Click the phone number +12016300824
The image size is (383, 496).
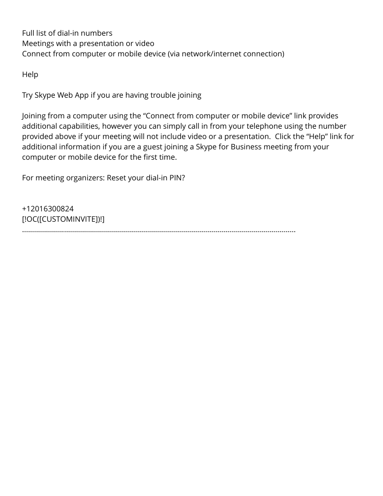(48, 209)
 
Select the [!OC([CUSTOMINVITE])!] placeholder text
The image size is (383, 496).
(63, 219)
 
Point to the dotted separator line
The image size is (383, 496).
(159, 231)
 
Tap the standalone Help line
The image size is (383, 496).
(30, 74)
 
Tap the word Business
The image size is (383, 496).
(248, 147)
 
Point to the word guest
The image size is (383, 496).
(154, 147)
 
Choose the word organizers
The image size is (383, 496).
(85, 178)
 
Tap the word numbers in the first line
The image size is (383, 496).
(97, 33)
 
